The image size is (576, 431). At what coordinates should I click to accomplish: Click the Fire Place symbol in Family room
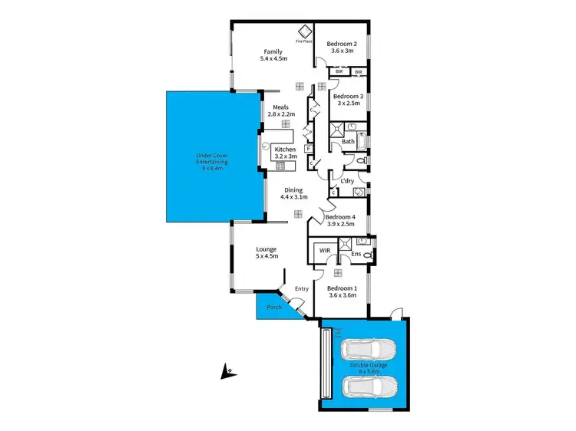pos(304,31)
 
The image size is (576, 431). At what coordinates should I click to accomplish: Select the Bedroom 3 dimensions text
pos(349,104)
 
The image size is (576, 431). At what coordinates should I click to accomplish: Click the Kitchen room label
pos(285,149)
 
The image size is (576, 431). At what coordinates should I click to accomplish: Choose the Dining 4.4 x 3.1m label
pos(293,193)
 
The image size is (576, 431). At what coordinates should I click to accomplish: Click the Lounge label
pos(266,249)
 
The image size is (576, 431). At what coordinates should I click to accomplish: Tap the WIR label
pos(324,250)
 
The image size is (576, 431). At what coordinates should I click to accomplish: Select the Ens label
pos(356,254)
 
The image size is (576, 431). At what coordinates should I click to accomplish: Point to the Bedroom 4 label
pos(341,217)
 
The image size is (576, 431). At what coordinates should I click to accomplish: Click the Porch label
pos(274,308)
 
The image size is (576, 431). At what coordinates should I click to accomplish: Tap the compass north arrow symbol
pos(227,373)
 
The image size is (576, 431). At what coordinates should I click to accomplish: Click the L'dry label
pos(347,181)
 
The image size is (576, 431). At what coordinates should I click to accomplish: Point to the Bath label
pos(348,141)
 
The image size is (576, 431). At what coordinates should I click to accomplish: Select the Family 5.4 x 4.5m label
pos(274,55)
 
